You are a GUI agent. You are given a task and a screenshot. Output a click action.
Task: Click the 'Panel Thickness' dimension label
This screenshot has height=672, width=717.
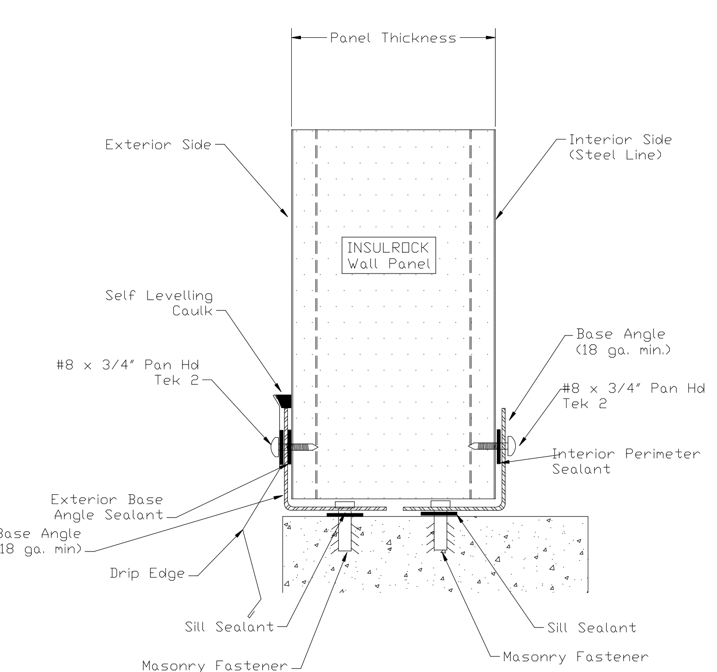393,38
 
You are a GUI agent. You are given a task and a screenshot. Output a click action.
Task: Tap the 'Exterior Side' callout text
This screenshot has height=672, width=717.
158,145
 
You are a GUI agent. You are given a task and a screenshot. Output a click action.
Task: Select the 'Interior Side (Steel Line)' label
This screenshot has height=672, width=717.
620,147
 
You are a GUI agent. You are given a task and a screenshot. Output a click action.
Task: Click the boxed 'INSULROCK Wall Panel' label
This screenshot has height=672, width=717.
388,256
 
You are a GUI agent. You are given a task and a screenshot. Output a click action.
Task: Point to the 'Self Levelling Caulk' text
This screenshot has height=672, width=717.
159,303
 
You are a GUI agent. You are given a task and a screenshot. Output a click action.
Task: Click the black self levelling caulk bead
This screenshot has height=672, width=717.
284,400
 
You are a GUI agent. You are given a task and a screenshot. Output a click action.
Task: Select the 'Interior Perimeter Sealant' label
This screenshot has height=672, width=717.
626,461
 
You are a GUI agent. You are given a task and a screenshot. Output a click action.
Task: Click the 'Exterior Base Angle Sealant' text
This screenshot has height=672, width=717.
107,507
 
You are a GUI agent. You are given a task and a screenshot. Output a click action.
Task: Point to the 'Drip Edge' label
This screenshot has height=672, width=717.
147,573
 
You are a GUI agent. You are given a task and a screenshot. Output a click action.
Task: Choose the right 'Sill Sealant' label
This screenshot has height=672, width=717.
592,628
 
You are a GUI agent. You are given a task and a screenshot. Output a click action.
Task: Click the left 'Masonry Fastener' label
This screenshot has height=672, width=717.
215,666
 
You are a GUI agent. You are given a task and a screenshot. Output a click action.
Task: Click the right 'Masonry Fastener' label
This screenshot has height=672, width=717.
575,657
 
